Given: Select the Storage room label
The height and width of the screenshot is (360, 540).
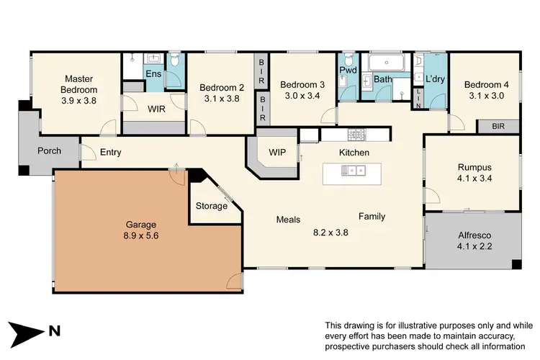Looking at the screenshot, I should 212,207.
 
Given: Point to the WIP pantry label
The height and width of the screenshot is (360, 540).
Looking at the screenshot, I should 278,153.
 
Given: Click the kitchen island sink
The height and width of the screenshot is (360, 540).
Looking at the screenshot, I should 354,171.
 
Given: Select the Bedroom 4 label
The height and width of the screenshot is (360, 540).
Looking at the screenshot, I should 486,84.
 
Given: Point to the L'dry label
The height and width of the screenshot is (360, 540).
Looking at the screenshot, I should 434,79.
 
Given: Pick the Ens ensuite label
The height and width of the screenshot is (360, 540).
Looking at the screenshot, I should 153,73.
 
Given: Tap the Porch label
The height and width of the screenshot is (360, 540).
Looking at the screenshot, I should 49,151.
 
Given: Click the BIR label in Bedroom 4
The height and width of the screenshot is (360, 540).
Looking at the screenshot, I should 498,126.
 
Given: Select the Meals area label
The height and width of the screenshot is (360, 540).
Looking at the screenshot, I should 288,220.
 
